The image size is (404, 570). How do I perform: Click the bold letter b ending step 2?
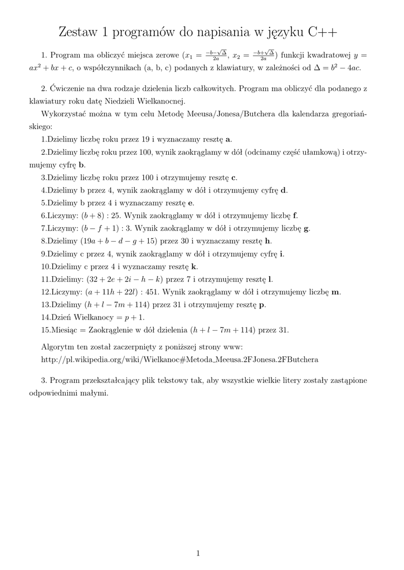(x=82, y=165)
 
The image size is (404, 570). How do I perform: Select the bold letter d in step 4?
(x=284, y=190)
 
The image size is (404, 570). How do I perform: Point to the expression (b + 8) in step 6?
(x=92, y=215)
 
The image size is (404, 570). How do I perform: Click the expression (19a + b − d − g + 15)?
(x=118, y=240)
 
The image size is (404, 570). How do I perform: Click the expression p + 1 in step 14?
(x=134, y=317)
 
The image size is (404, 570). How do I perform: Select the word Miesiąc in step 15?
(x=61, y=330)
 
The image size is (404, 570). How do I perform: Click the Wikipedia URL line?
(x=179, y=359)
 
